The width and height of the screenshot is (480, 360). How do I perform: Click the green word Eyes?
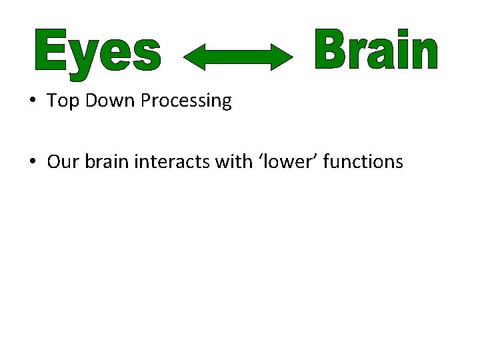coord(97,51)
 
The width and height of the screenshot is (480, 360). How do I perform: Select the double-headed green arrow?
coord(238,55)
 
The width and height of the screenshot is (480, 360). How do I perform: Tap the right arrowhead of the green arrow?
coord(283,55)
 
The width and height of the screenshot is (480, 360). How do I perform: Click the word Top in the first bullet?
coord(62,101)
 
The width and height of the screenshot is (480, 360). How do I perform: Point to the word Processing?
coord(182,101)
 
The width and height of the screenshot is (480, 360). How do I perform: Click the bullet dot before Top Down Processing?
coord(32,101)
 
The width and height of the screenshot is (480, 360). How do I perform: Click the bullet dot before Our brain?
coord(32,162)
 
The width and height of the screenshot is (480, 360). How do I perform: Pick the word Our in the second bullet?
coord(64,162)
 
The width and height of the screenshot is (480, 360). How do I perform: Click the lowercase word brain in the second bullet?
coord(106,162)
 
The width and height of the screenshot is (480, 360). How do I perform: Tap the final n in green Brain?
coord(424,53)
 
